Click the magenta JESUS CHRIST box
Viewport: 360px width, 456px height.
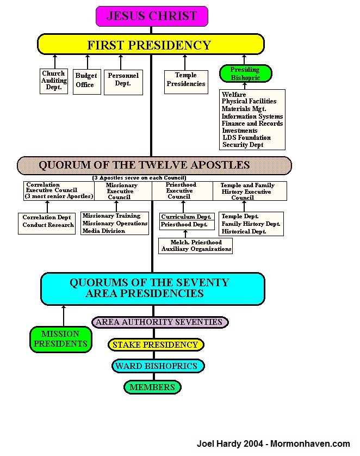pyautogui.click(x=152, y=16)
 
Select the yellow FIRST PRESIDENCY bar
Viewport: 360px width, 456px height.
pyautogui.click(x=149, y=44)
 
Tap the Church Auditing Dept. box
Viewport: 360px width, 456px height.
pyautogui.click(x=54, y=81)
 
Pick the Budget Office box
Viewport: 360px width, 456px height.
pyautogui.click(x=86, y=81)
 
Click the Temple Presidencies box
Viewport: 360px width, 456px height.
pyautogui.click(x=185, y=79)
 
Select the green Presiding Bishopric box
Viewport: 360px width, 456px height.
pyautogui.click(x=245, y=74)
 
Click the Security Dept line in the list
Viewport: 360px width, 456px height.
pyautogui.click(x=243, y=145)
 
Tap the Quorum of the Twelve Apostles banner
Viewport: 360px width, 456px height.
pyautogui.click(x=154, y=165)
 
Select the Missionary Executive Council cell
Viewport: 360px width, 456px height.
pyautogui.click(x=122, y=191)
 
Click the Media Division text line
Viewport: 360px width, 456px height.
pyautogui.click(x=104, y=231)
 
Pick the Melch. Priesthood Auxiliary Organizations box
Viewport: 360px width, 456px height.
pyautogui.click(x=195, y=245)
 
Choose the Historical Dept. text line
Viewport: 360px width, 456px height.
pyautogui.click(x=244, y=231)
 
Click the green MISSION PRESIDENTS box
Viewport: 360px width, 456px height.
pyautogui.click(x=60, y=338)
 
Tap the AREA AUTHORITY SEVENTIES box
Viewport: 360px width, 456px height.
pyautogui.click(x=159, y=322)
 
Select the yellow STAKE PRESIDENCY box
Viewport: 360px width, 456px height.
pyautogui.click(x=156, y=344)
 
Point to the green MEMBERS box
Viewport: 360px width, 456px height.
pyautogui.click(x=152, y=387)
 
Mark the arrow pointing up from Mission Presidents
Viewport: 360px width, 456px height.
pyautogui.click(x=63, y=315)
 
